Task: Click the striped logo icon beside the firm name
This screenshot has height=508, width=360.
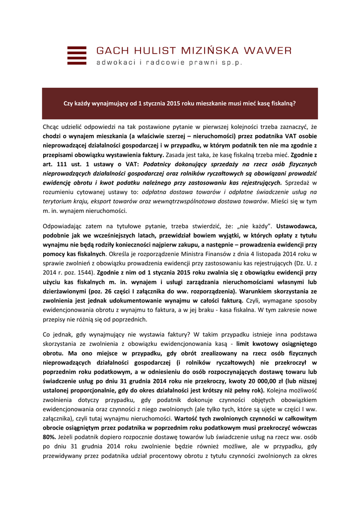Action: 76,56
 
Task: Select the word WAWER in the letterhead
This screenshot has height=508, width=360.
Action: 270,51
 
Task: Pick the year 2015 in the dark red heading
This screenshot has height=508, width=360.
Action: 173,104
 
